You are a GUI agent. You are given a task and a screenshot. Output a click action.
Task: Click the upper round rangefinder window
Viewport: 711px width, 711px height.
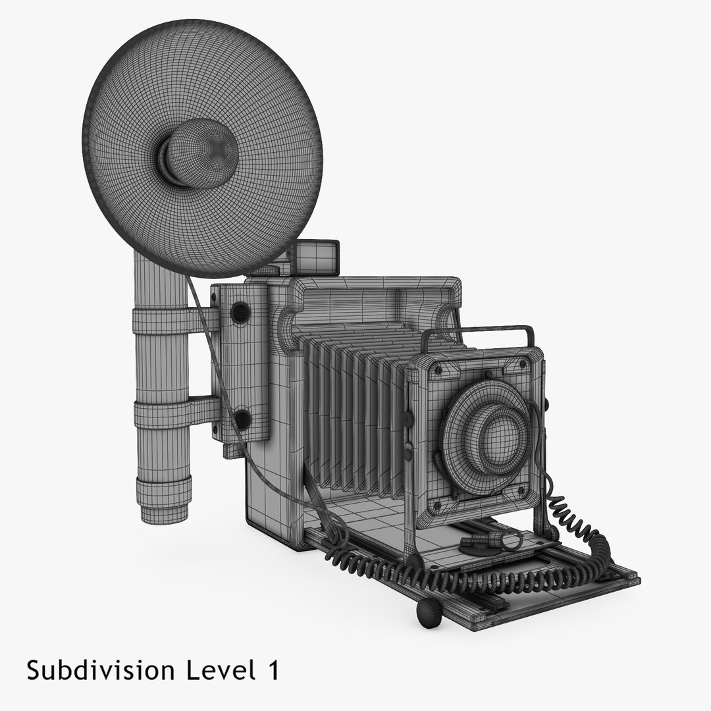[240, 311]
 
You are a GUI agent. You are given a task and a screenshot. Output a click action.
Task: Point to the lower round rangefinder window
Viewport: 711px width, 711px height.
[242, 419]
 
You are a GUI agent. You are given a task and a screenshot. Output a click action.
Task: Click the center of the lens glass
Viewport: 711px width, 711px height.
[499, 434]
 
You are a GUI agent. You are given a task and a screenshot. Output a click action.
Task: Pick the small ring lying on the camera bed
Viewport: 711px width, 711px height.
[510, 541]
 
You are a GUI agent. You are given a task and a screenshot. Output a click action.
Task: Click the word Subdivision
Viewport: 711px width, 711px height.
[100, 671]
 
